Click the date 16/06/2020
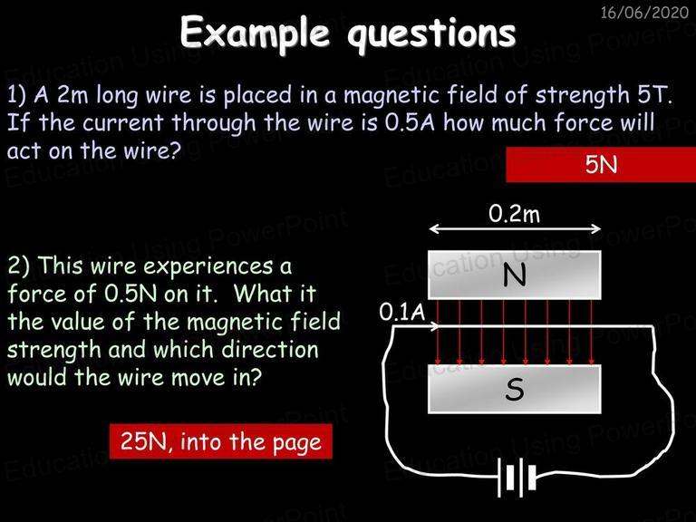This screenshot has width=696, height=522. tap(644, 12)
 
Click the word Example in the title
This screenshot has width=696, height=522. tap(255, 34)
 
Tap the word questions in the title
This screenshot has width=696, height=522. tap(431, 34)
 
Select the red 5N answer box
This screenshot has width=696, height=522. tap(601, 164)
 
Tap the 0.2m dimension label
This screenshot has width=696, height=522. tap(515, 214)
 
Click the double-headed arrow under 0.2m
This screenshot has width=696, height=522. tap(515, 229)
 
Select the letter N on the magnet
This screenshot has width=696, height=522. tap(515, 275)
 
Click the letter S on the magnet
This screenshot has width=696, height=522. tap(515, 390)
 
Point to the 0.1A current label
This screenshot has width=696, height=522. tap(402, 312)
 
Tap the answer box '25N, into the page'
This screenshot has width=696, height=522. tap(221, 441)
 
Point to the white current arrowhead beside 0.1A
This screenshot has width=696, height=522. tap(434, 326)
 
